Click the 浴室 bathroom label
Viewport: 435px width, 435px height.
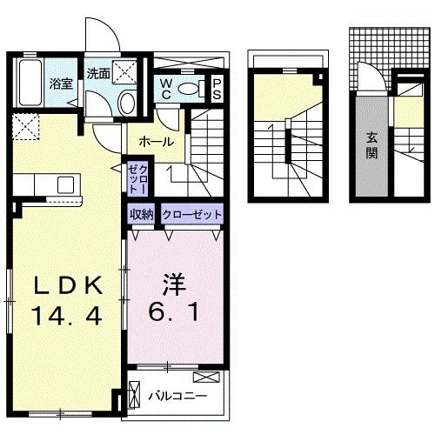coord(59,84)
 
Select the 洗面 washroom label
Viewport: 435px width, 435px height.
coord(98,74)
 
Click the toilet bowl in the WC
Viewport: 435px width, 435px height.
coord(201,88)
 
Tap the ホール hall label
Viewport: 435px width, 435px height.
coord(156,141)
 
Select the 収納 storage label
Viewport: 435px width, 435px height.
coord(142,214)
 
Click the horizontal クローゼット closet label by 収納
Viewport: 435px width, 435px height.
coord(191,214)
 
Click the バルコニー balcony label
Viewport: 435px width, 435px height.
coord(176,396)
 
